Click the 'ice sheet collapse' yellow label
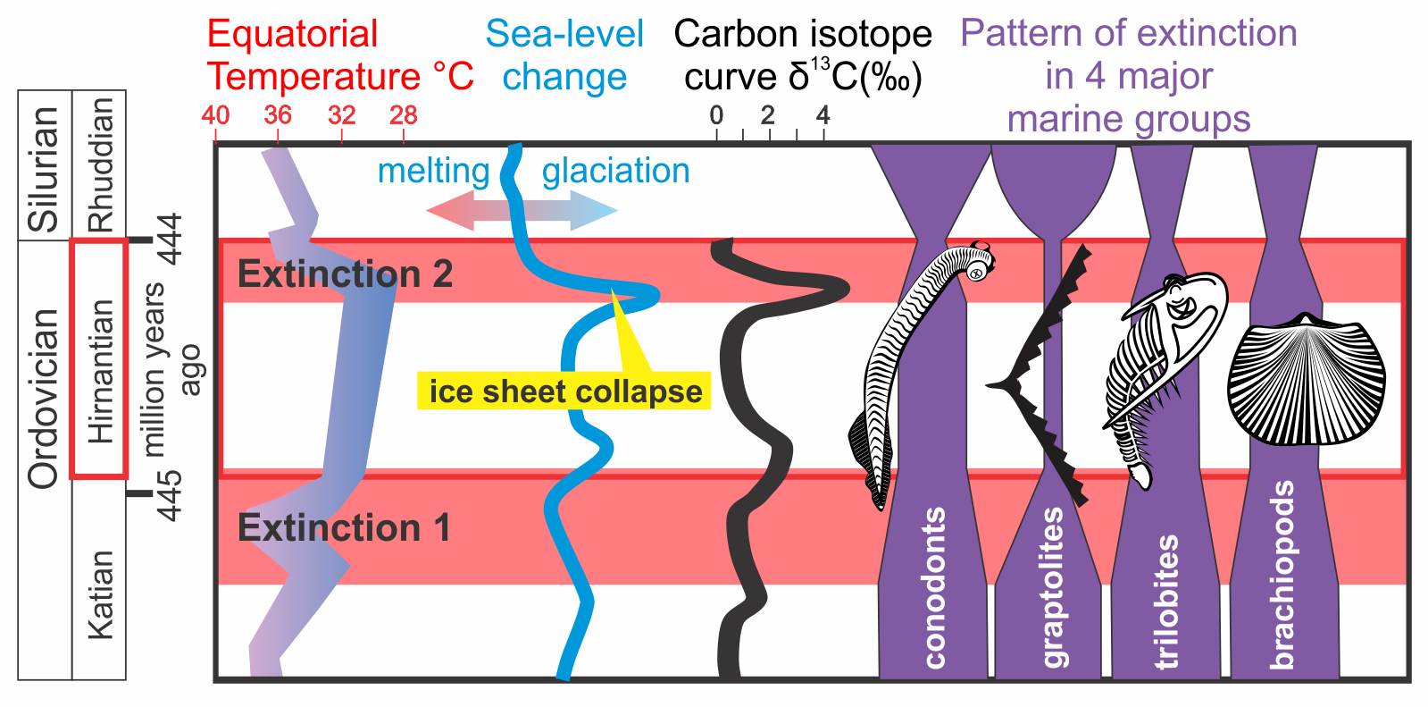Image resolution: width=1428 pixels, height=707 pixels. (x=564, y=391)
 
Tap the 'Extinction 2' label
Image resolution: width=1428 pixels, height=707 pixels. (x=345, y=274)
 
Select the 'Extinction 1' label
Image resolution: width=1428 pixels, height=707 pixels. (x=344, y=528)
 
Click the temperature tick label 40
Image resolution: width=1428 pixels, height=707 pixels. (x=215, y=115)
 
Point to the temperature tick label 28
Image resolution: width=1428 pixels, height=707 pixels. (x=404, y=115)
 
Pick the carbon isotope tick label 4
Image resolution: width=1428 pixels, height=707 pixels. (x=823, y=115)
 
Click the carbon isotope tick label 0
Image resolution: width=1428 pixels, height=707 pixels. (x=716, y=115)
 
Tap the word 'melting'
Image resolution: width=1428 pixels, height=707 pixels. (x=433, y=171)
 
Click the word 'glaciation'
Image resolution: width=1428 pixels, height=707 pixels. (x=615, y=171)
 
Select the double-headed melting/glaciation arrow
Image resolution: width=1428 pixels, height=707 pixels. (x=522, y=212)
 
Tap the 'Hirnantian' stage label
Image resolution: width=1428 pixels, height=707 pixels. (x=100, y=371)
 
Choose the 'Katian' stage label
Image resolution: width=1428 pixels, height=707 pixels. (x=100, y=594)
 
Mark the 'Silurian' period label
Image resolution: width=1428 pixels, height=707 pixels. (x=44, y=167)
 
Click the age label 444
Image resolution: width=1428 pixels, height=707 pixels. (x=170, y=239)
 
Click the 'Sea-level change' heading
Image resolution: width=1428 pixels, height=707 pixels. (x=564, y=55)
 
